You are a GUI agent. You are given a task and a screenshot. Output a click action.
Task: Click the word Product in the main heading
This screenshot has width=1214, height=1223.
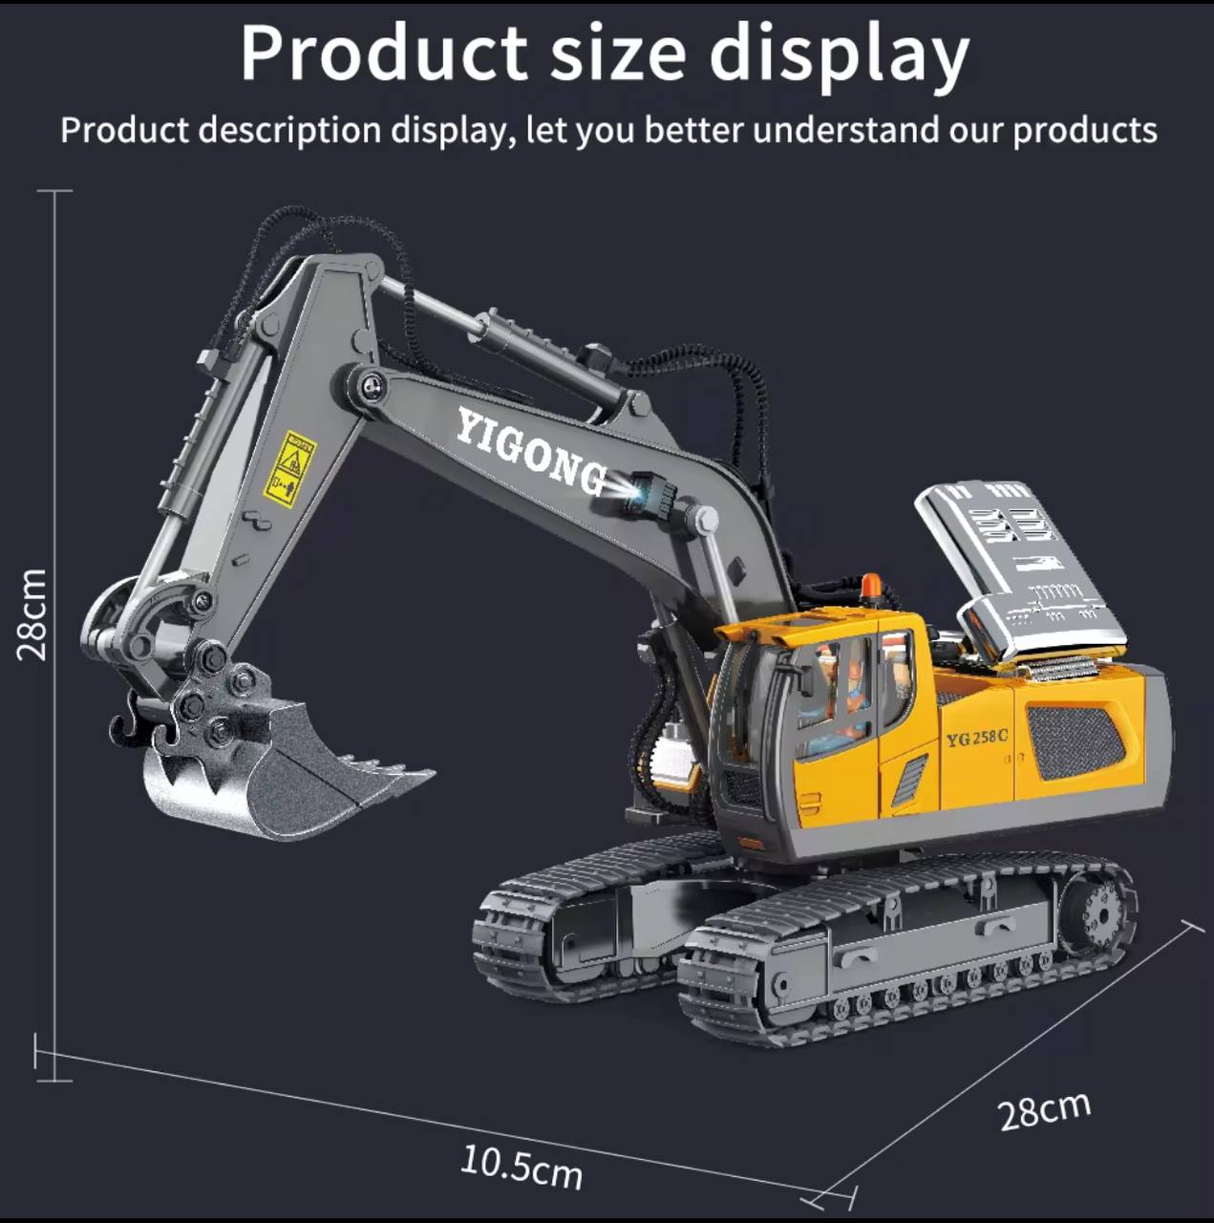pyautogui.click(x=383, y=54)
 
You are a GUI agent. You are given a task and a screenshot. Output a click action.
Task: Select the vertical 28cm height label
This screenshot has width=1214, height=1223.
pyautogui.click(x=32, y=613)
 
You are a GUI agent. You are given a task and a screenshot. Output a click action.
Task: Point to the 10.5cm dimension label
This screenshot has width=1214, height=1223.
pyautogui.click(x=522, y=1167)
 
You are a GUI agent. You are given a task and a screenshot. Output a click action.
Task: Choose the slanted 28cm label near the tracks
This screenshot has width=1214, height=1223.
pyautogui.click(x=1044, y=1110)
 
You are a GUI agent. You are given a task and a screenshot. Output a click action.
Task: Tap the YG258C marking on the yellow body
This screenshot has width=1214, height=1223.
pyautogui.click(x=976, y=738)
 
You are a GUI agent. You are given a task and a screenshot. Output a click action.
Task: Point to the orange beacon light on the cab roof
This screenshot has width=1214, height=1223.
pyautogui.click(x=870, y=586)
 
